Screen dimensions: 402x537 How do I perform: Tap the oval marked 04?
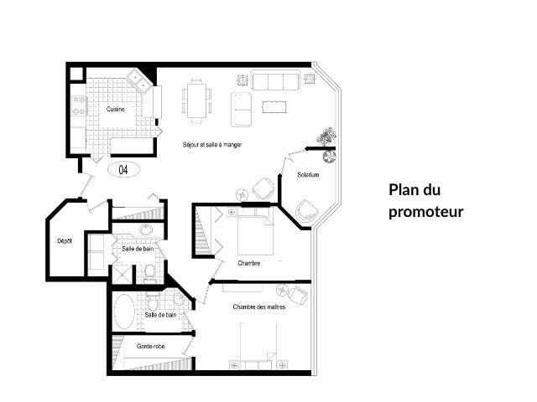point(123,170)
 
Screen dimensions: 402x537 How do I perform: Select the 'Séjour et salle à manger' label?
point(212,145)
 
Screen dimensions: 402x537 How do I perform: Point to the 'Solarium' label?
point(308,174)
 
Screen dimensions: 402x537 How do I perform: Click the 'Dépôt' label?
point(64,241)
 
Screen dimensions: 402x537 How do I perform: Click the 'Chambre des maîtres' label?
point(259,307)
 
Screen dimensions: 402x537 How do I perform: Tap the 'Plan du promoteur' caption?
point(425,201)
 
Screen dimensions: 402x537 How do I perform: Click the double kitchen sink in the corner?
point(139,82)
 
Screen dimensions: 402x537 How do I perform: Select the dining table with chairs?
point(197,99)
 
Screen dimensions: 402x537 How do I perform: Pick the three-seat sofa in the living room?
point(276,81)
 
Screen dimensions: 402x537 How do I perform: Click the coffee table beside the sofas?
point(274,106)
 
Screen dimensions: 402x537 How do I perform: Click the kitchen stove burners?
point(81,106)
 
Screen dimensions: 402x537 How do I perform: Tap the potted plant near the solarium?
point(325,139)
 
